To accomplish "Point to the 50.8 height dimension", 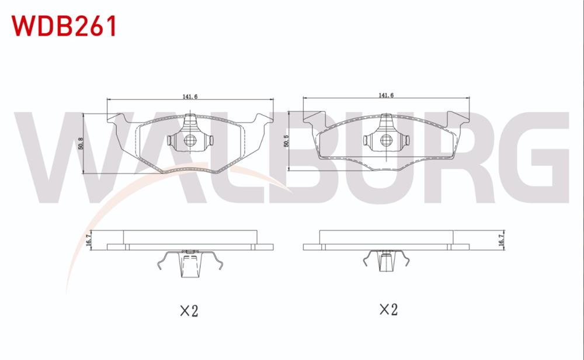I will (81, 144).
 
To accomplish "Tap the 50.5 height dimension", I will (286, 142).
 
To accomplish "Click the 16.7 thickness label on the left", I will (88, 240).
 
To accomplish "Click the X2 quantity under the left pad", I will (188, 310).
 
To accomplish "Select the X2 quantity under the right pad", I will (388, 309).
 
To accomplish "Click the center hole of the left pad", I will (190, 141).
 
